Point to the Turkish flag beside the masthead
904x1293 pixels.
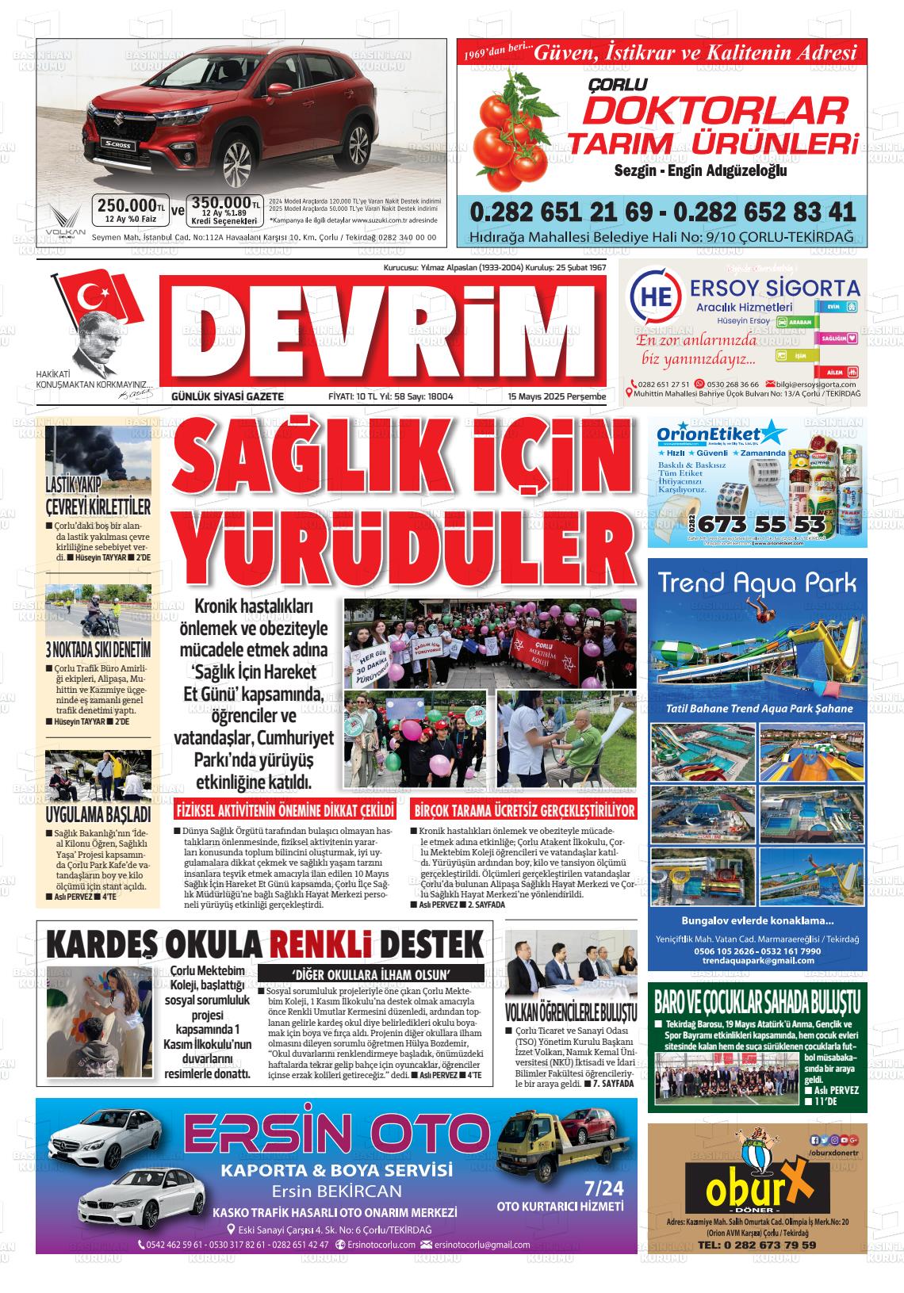pyautogui.click(x=98, y=294)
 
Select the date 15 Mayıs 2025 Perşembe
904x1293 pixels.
pyautogui.click(x=557, y=396)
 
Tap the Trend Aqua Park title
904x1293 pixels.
pyautogui.click(x=758, y=584)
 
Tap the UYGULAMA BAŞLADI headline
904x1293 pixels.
pyautogui.click(x=98, y=814)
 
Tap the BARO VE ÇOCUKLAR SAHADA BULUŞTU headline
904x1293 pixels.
pyautogui.click(x=757, y=1001)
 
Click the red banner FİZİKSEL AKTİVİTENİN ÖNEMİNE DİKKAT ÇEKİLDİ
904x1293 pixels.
pyautogui.click(x=285, y=811)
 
